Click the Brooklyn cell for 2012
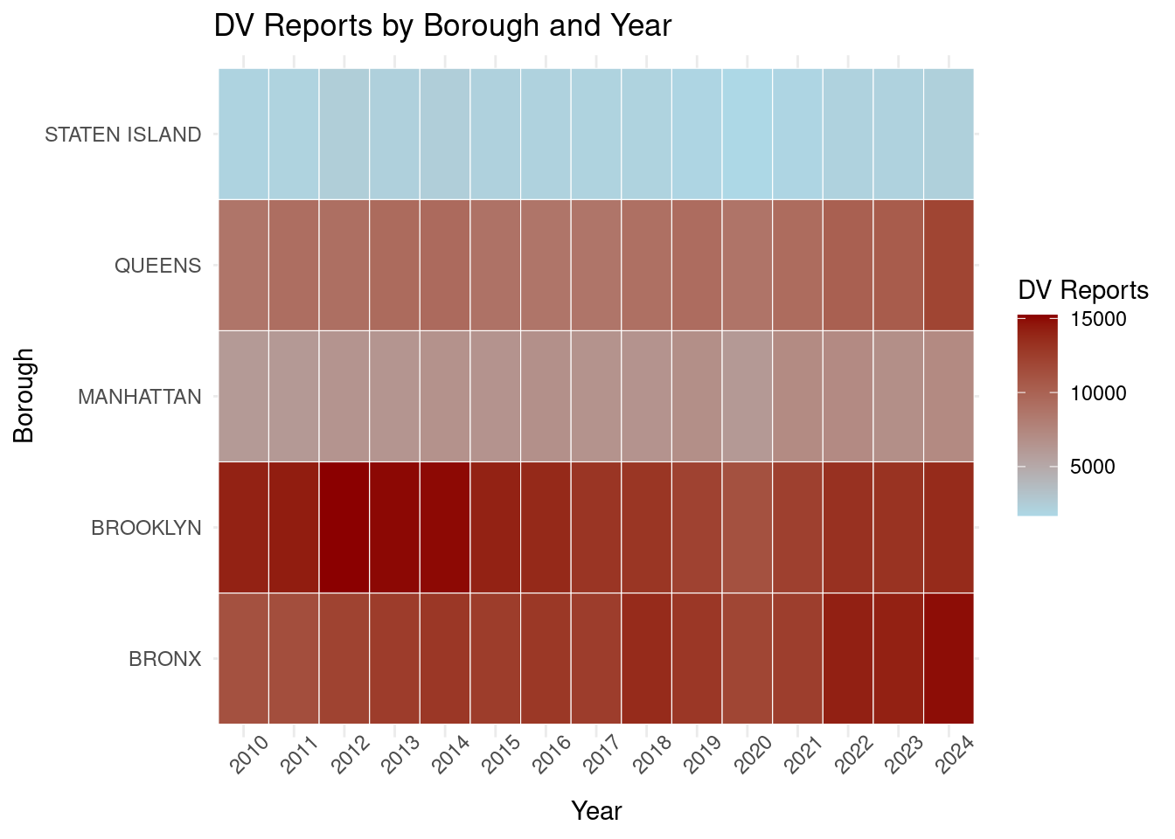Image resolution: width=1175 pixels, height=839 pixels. click(x=344, y=527)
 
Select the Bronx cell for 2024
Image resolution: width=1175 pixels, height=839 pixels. click(x=949, y=658)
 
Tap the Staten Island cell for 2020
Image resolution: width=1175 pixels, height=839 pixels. click(x=747, y=134)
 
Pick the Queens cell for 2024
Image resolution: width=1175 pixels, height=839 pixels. click(x=949, y=265)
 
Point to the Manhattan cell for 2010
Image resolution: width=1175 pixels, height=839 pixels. click(x=243, y=396)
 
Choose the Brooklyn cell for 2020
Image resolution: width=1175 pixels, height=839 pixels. click(x=747, y=527)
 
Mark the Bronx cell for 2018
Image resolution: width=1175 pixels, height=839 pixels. click(x=647, y=658)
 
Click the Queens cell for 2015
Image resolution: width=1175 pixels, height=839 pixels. click(x=496, y=265)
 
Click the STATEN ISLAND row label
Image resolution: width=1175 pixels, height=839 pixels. click(x=123, y=135)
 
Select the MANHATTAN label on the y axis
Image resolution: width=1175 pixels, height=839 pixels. click(x=140, y=397)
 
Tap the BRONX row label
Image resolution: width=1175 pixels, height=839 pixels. click(x=165, y=659)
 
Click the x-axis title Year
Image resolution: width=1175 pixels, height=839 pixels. click(x=596, y=811)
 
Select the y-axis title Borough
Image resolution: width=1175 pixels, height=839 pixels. click(x=24, y=396)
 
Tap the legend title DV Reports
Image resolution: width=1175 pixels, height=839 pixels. click(x=1083, y=290)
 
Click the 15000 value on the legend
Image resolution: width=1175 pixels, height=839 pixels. click(x=1098, y=320)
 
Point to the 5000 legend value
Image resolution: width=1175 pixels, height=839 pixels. click(x=1093, y=467)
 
